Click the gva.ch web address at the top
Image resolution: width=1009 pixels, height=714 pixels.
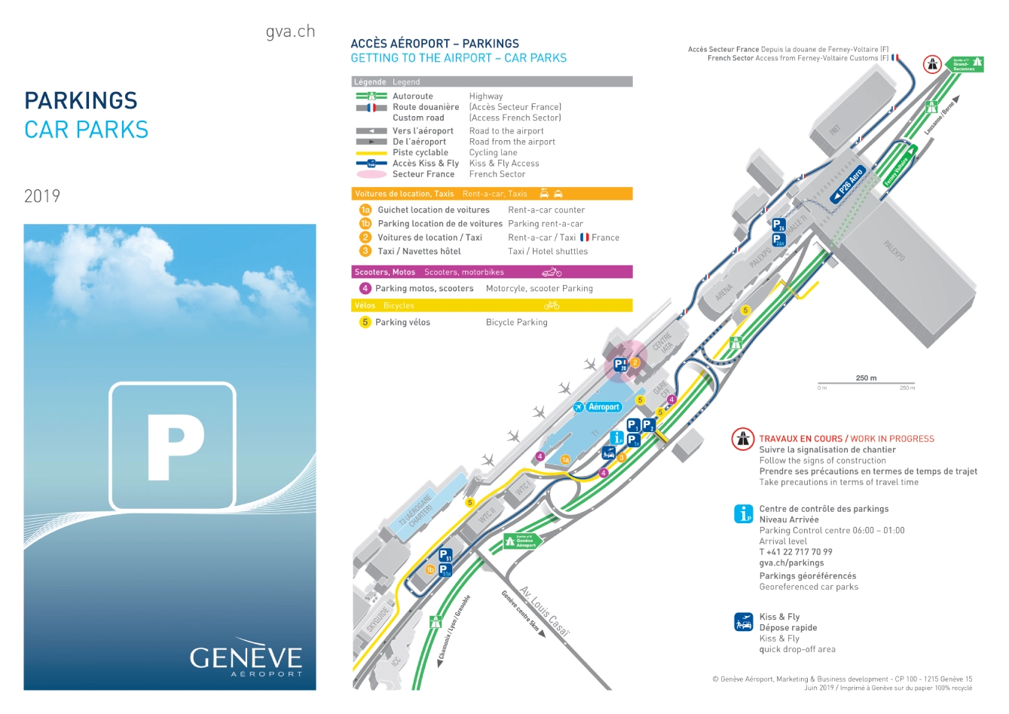290,32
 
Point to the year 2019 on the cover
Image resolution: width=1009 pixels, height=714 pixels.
42,196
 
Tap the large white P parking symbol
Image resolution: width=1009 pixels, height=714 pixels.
173,446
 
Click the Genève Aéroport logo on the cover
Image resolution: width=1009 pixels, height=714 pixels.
246,660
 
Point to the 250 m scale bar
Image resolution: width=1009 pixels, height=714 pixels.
867,384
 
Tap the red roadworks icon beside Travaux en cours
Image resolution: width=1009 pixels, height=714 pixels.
743,440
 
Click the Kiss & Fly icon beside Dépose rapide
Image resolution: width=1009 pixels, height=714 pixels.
744,622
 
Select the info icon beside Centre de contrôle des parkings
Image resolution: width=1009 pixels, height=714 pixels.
744,513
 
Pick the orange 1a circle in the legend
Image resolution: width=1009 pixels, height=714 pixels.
365,210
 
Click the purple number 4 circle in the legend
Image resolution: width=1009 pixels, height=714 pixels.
365,288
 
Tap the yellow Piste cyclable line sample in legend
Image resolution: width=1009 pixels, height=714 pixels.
371,152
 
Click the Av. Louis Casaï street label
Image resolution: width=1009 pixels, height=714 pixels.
544,611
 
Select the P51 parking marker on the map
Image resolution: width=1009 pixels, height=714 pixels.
445,556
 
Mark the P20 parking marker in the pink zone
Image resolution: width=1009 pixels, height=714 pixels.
619,366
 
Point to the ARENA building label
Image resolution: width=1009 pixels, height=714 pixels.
724,292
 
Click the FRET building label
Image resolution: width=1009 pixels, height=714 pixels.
835,130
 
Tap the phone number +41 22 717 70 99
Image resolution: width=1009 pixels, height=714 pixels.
796,552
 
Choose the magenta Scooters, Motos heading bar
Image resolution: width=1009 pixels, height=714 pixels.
492,272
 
